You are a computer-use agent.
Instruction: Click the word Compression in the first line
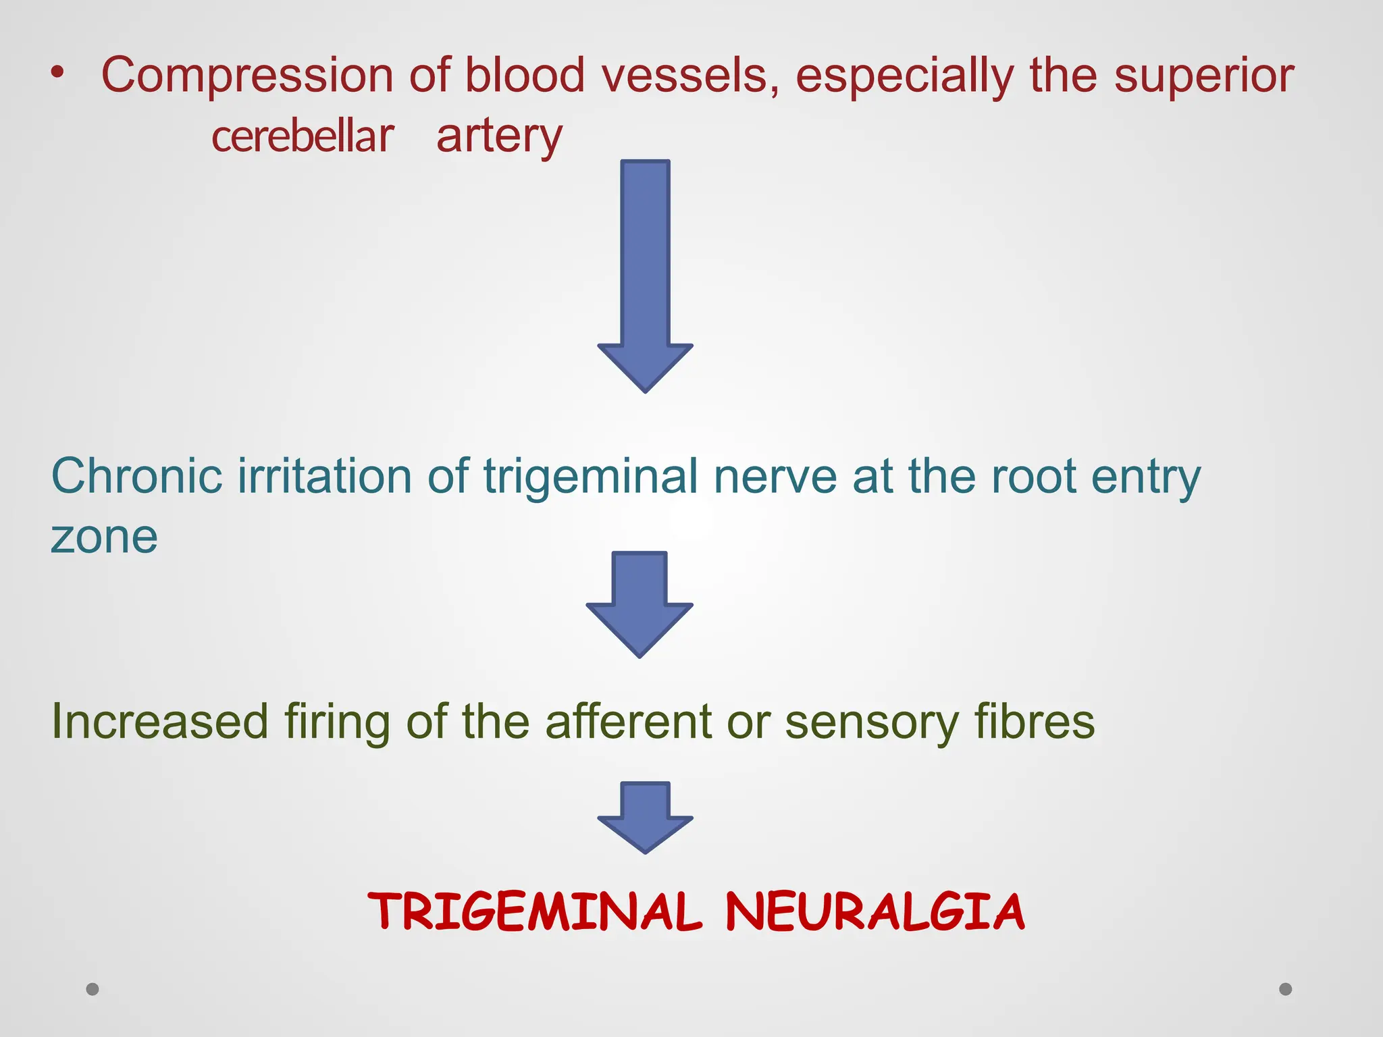point(246,76)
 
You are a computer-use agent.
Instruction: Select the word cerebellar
point(302,136)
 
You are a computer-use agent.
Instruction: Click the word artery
point(499,136)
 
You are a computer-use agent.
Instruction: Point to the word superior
point(1203,76)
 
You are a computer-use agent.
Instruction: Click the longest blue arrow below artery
point(645,270)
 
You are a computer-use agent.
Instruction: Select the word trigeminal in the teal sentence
point(590,477)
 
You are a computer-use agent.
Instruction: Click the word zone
point(104,537)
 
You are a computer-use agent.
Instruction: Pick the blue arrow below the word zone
point(640,601)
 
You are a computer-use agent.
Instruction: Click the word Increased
point(159,721)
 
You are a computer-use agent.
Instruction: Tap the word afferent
point(628,721)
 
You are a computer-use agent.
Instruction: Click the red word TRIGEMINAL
point(534,911)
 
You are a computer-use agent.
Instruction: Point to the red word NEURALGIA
point(875,911)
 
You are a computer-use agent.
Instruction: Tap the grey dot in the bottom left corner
point(93,989)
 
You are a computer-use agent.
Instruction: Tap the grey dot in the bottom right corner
point(1286,989)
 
